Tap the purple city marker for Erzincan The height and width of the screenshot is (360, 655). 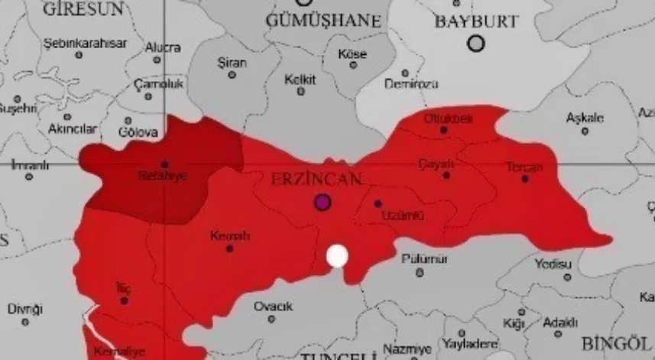323,202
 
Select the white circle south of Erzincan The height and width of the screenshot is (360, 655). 337,256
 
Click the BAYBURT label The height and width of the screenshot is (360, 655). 476,21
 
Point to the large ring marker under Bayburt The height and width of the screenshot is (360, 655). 476,44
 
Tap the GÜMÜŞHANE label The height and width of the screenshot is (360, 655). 323,21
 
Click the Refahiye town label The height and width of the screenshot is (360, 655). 162,176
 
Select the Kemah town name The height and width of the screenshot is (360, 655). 229,236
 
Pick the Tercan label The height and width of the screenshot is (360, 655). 524,167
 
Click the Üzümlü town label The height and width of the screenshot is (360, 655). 401,216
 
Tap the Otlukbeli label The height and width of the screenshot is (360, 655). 448,118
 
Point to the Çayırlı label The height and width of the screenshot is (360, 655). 437,164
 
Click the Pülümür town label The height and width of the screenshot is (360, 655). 419,259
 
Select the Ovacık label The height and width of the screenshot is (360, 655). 273,306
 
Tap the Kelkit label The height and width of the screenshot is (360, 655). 300,79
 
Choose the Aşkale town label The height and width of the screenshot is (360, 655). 585,118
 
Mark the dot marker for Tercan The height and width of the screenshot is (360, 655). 524,179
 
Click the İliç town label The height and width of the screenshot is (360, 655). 122,287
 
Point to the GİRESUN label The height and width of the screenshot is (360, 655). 83,9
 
